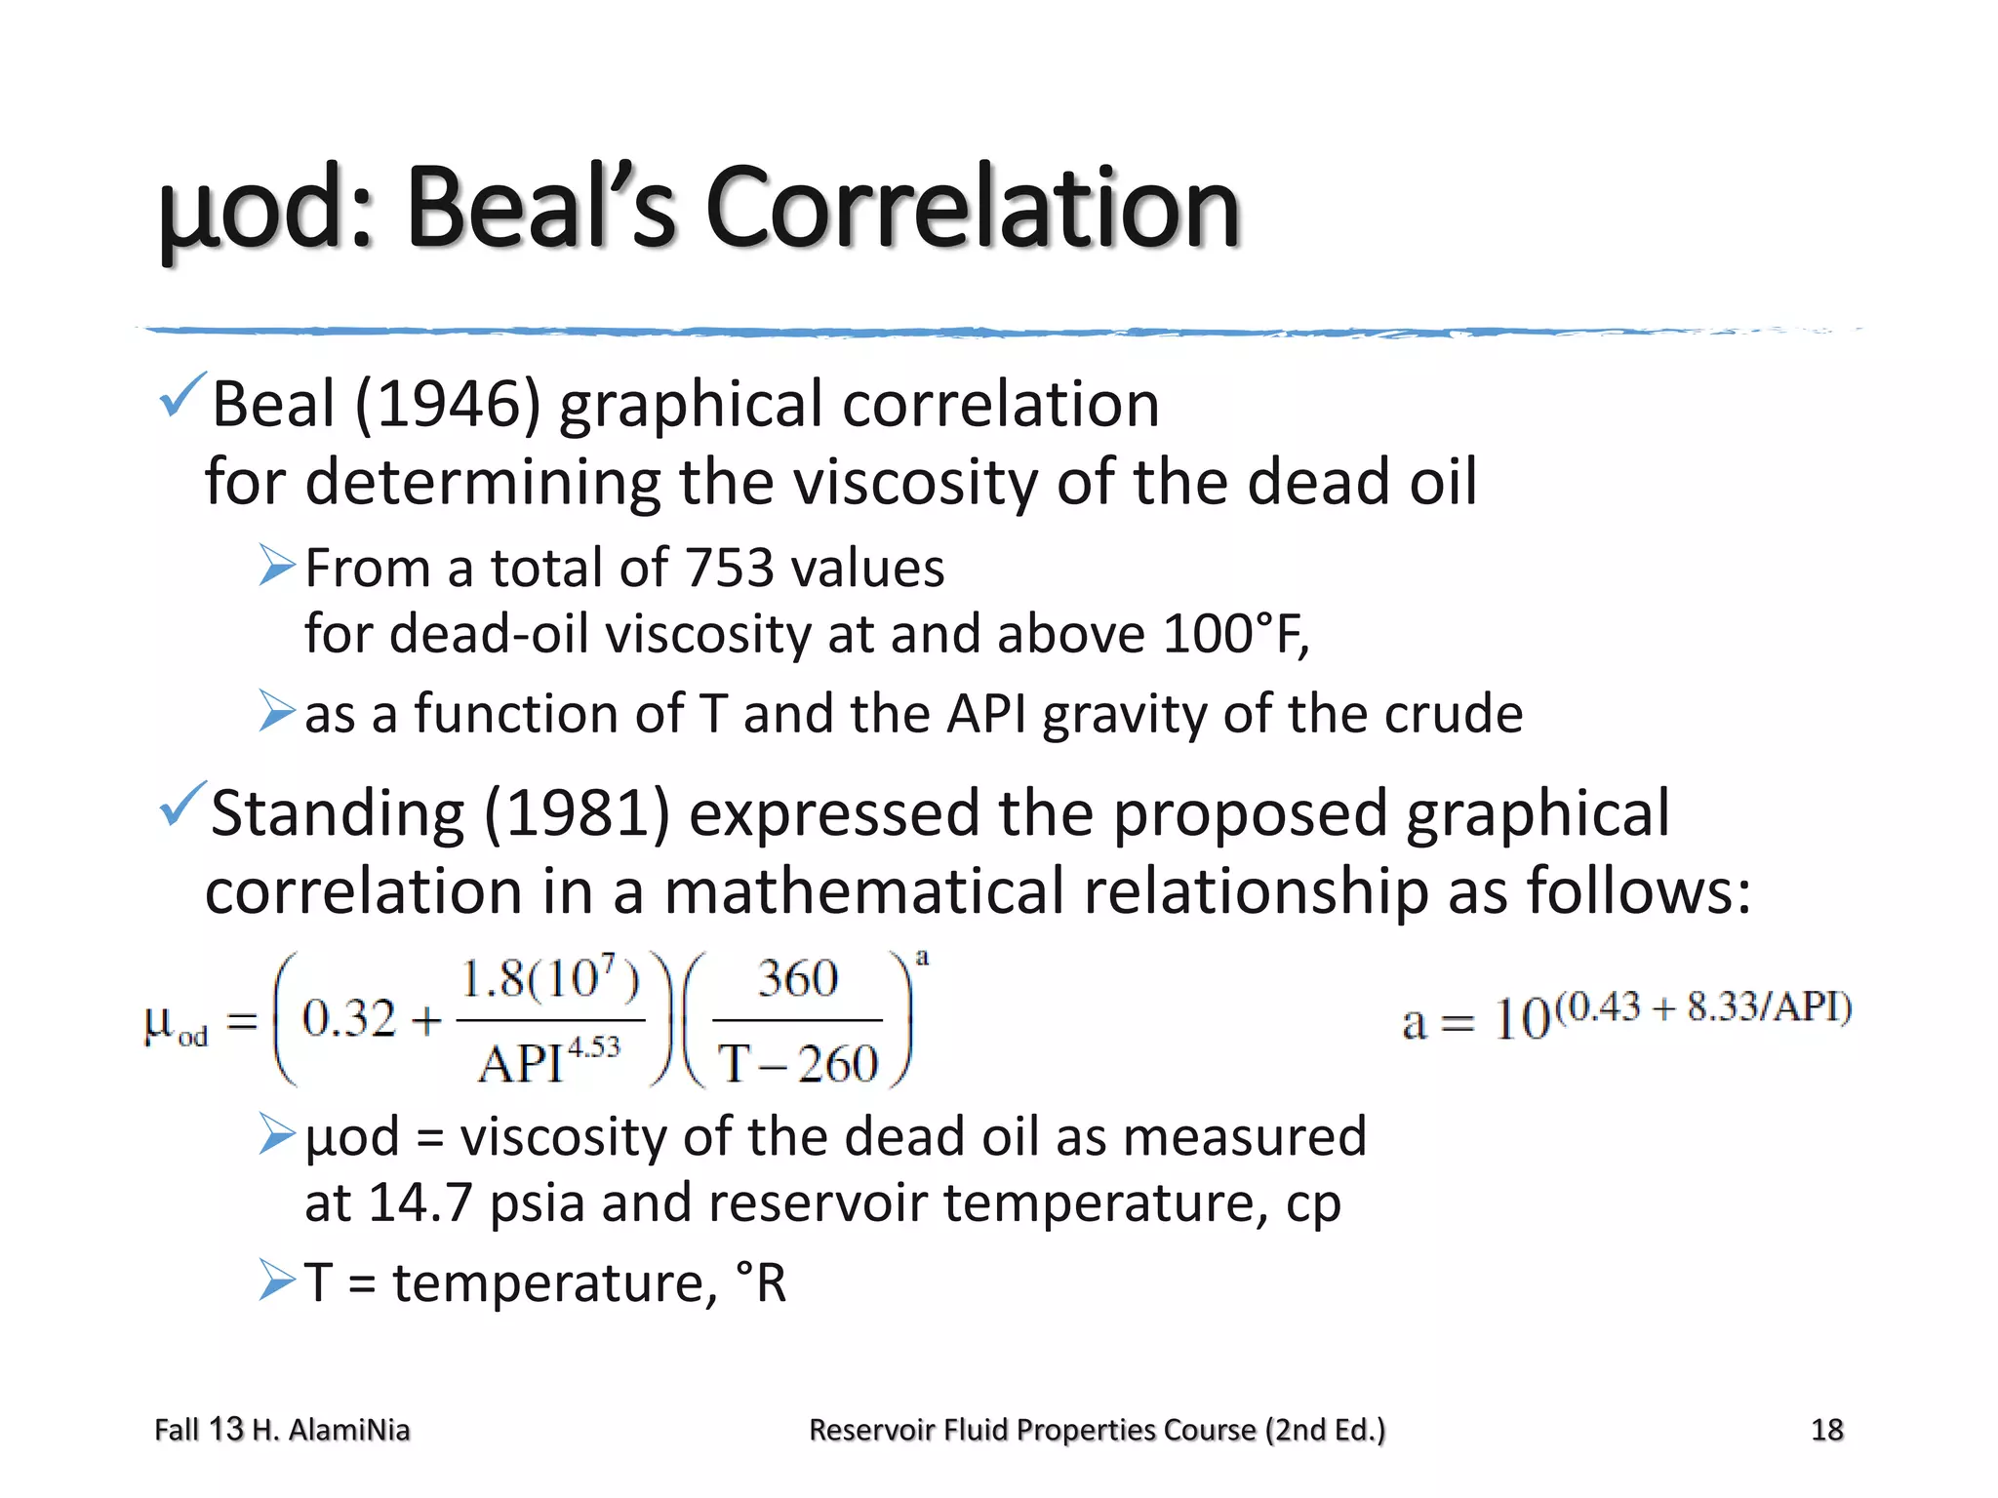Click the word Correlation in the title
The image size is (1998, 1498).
(971, 208)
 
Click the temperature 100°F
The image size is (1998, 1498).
(1233, 634)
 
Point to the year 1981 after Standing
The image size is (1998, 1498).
(577, 813)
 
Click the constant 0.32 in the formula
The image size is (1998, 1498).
(348, 1019)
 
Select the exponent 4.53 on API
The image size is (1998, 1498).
(593, 1046)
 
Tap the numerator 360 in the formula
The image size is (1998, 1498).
(797, 979)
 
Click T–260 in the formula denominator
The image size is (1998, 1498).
(798, 1063)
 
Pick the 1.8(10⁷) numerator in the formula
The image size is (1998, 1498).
(549, 979)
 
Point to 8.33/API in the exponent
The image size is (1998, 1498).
(1768, 1006)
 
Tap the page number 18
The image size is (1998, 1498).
(1826, 1430)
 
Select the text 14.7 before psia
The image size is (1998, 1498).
(420, 1202)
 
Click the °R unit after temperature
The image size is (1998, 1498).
(761, 1282)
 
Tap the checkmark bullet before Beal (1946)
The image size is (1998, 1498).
(181, 395)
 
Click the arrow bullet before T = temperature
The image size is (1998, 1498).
(277, 1281)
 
